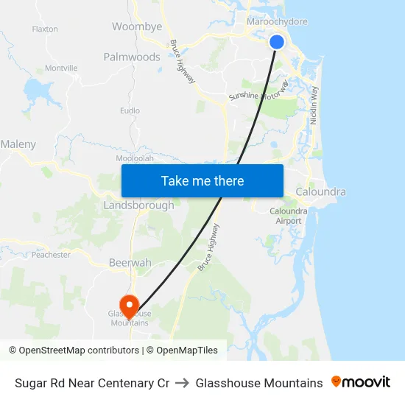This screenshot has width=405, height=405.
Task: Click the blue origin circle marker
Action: click(x=277, y=42)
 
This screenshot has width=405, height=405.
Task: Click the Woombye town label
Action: click(x=137, y=27)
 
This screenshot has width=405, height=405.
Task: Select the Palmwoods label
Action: click(x=132, y=57)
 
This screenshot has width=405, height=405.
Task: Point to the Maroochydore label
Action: click(x=277, y=21)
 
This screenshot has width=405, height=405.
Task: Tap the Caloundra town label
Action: click(x=320, y=192)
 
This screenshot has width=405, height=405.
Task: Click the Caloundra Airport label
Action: click(x=289, y=216)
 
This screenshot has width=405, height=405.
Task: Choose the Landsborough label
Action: click(x=139, y=205)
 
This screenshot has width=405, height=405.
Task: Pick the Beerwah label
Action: click(x=130, y=263)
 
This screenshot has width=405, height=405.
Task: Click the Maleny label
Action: click(x=18, y=144)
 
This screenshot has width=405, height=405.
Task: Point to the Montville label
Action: click(x=61, y=68)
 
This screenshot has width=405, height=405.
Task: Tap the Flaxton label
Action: click(x=45, y=29)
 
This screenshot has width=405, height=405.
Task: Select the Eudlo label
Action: click(x=130, y=111)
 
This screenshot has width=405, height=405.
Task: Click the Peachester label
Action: click(x=51, y=255)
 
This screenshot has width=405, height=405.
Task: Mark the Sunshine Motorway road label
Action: click(x=259, y=92)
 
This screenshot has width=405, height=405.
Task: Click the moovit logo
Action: click(x=361, y=382)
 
